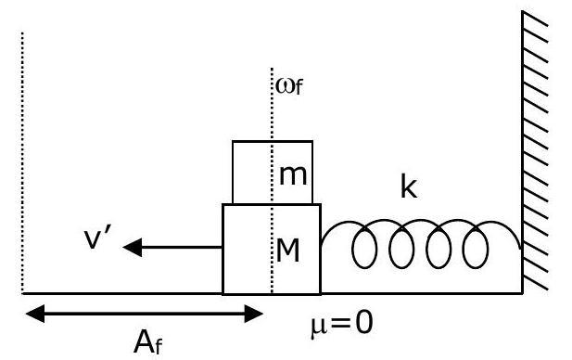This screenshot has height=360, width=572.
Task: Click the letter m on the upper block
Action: coord(293,175)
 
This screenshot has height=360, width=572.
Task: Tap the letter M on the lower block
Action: coord(288,251)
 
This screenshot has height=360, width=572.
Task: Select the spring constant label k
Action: coord(409,186)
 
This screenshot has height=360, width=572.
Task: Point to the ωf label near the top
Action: coord(289,86)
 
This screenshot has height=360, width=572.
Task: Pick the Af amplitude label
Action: coord(147,342)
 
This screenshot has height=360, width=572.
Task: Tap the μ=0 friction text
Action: coord(342,324)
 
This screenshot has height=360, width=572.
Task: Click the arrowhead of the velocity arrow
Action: coord(132,247)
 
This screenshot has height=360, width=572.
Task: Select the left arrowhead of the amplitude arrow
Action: coord(35,314)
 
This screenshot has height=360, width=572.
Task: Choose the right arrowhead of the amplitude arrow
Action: coord(254,314)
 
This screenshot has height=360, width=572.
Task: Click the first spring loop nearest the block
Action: coord(364,248)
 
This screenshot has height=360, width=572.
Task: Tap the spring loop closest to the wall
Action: coord(476,248)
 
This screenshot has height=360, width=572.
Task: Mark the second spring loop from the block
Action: coord(401,248)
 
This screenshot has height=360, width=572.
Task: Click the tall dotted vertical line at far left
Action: coord(22,163)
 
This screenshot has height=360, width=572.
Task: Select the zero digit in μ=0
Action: coord(363,323)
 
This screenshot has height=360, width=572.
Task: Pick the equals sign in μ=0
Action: coord(341,323)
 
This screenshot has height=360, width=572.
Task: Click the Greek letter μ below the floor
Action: coord(319,327)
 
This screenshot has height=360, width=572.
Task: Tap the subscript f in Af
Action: coord(158,346)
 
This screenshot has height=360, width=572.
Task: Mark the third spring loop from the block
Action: coord(439,248)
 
